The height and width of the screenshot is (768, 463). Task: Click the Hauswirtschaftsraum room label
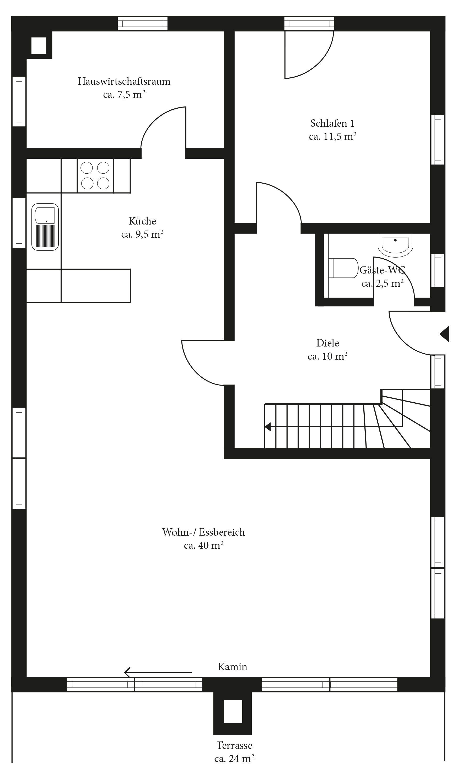pyautogui.click(x=124, y=81)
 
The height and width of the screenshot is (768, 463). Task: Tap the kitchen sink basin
pyautogui.click(x=45, y=227)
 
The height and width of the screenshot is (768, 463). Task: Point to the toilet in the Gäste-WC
pyautogui.click(x=343, y=268)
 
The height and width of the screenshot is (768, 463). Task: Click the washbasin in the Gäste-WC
pyautogui.click(x=395, y=245)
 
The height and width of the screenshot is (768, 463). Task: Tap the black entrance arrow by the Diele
pyautogui.click(x=444, y=334)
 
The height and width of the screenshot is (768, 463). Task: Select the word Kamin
pyautogui.click(x=233, y=667)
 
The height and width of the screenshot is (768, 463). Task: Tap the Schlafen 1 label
pyautogui.click(x=332, y=124)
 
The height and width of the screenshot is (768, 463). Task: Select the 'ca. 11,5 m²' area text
pyautogui.click(x=333, y=136)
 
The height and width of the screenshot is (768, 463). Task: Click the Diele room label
pyautogui.click(x=328, y=343)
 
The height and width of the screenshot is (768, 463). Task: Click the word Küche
pyautogui.click(x=142, y=221)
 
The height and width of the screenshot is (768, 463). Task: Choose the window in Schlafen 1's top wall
pyautogui.click(x=309, y=24)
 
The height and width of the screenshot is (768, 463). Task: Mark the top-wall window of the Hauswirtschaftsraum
pyautogui.click(x=142, y=24)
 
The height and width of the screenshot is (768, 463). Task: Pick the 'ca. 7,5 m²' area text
pyautogui.click(x=124, y=94)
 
